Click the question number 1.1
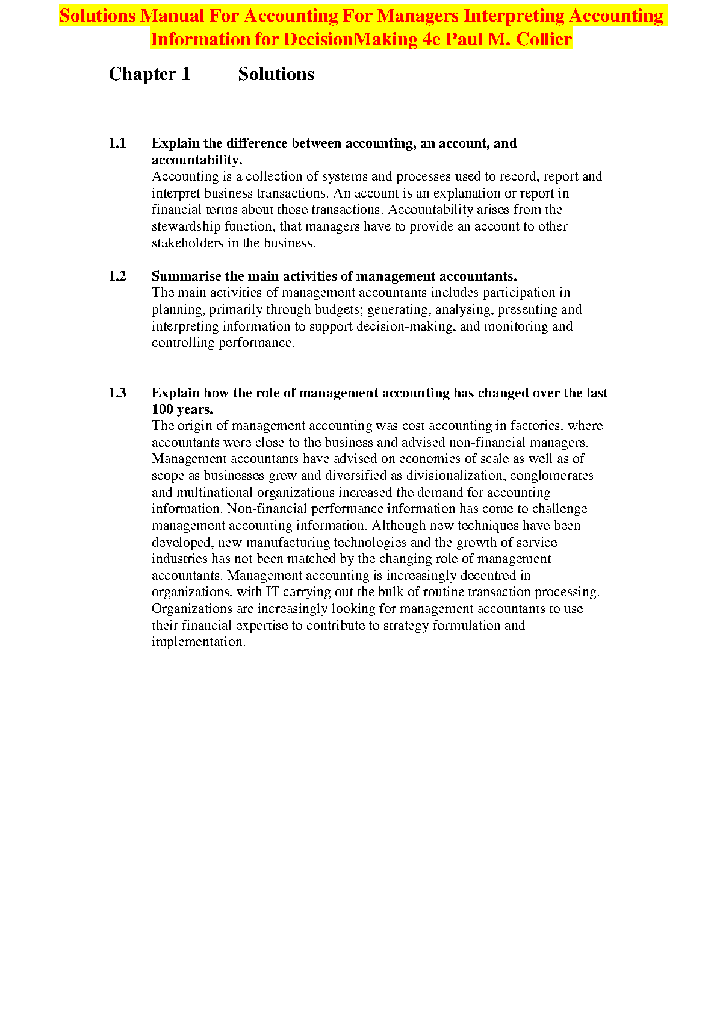(x=117, y=143)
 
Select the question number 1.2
(x=117, y=276)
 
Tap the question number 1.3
(x=117, y=393)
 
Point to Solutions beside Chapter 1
(x=276, y=74)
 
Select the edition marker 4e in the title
(x=432, y=39)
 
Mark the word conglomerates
(x=551, y=476)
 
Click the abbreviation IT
(x=273, y=592)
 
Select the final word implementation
(x=198, y=642)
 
